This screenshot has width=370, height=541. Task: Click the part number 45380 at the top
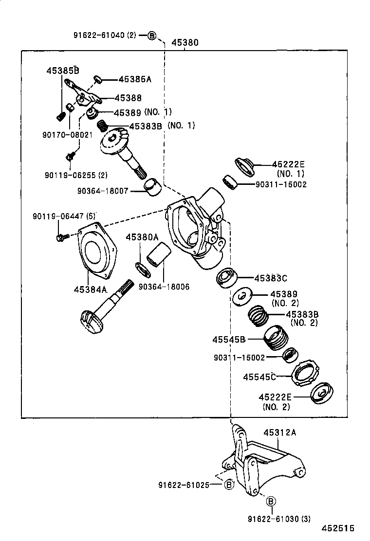[185, 42]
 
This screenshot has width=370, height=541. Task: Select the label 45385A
[135, 79]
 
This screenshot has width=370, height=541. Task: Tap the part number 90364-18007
[102, 191]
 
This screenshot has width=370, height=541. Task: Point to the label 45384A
[90, 289]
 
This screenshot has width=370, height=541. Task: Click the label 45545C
[259, 377]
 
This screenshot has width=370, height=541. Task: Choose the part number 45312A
[280, 432]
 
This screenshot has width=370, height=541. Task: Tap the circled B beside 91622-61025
[229, 485]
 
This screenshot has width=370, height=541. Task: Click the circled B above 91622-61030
[271, 501]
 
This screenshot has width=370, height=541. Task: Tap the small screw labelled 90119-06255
[70, 156]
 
